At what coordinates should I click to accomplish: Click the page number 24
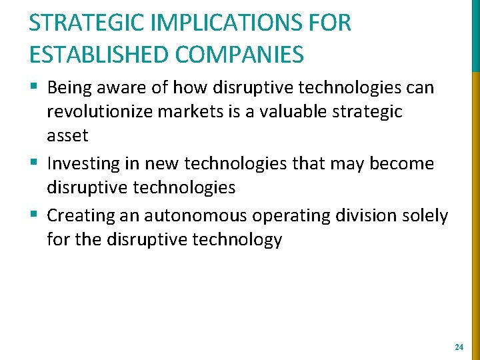click(458, 347)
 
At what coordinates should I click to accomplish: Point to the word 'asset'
click(67, 136)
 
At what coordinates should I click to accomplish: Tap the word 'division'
click(369, 216)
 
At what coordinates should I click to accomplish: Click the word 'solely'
click(427, 216)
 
